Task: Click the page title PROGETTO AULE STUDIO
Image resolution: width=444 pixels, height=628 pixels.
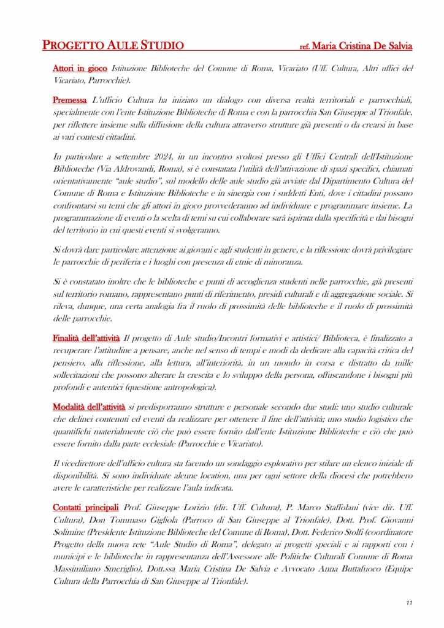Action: tap(113, 45)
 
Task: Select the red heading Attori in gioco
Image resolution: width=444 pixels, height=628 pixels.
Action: tap(80, 69)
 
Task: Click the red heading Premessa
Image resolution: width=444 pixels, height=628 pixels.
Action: tap(69, 99)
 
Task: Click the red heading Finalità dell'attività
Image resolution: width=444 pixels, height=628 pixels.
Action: tap(86, 338)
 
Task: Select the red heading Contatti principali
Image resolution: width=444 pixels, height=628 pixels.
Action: tap(85, 509)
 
